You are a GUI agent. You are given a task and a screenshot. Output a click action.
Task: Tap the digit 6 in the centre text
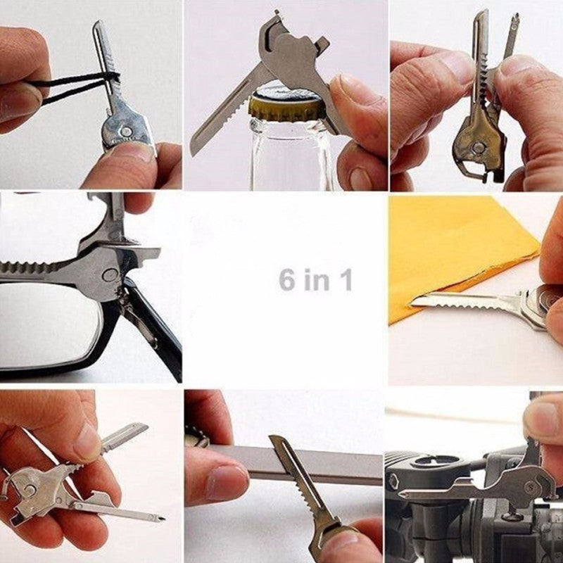coord(287,279)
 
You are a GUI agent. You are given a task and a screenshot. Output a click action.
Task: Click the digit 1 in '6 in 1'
coord(345,279)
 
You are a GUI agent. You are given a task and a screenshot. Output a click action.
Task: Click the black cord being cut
coord(70,88)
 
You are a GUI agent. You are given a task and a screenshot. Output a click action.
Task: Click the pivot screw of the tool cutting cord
coord(125,131)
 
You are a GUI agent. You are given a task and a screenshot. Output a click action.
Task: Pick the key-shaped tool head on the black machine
coord(521,486)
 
